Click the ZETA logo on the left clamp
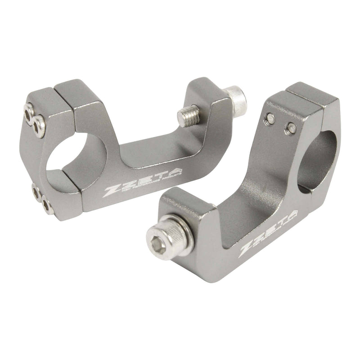tap(144, 180)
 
